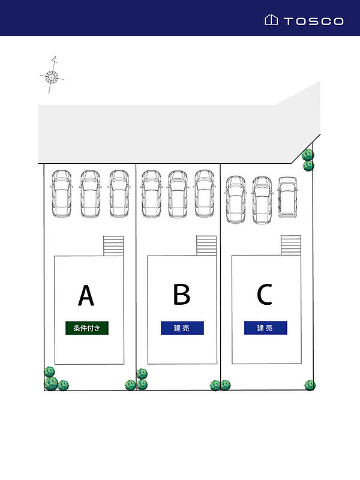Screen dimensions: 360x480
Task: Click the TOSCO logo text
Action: [x=313, y=21]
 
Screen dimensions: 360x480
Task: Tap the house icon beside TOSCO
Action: [x=271, y=20]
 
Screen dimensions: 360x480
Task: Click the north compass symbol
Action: [x=52, y=76]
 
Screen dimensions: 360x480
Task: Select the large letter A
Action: [x=86, y=295]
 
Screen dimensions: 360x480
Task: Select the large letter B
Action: [x=182, y=294]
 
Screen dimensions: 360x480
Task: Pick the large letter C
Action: [x=265, y=294]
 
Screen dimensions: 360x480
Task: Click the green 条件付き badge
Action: [x=87, y=328]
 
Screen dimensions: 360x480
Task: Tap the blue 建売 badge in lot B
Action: [x=182, y=328]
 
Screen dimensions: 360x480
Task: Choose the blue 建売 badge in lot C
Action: [x=265, y=328]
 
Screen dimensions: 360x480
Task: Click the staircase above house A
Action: [x=113, y=246]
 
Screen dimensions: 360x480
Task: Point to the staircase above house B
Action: [x=206, y=245]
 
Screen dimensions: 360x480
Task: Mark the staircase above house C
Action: [x=291, y=245]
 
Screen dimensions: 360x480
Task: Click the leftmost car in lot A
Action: [x=62, y=194]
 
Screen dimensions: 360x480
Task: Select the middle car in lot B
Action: [x=178, y=194]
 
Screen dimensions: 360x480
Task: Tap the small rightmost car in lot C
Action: [x=287, y=197]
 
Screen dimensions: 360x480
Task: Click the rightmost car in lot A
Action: [x=119, y=194]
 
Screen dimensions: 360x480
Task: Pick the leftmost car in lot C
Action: [x=236, y=200]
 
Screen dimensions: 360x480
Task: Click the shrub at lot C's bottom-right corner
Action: [x=310, y=385]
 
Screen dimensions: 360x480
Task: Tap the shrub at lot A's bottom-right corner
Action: [x=130, y=385]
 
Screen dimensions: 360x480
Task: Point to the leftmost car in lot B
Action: [x=151, y=194]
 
